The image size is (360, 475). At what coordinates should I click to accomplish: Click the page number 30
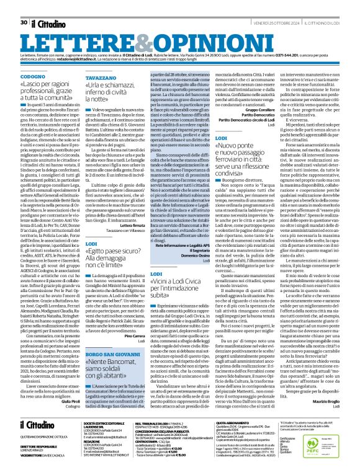23,6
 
